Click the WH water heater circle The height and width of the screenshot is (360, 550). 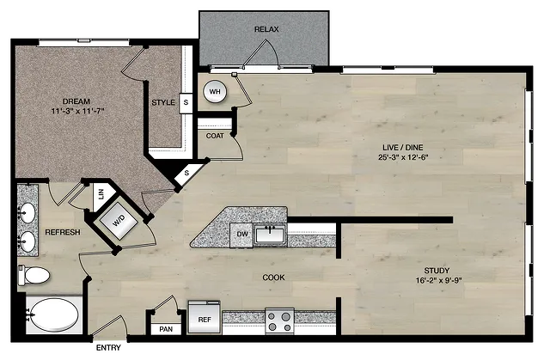(215, 91)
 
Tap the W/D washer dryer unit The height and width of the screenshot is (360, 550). (119, 221)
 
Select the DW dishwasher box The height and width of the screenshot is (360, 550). (241, 235)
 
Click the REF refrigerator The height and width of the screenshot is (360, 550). (205, 317)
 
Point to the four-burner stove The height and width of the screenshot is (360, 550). (279, 321)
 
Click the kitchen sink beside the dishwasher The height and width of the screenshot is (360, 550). (270, 235)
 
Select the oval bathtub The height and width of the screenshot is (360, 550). (54, 315)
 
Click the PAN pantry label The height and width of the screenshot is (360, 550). (166, 329)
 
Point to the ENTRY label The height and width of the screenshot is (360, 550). (108, 348)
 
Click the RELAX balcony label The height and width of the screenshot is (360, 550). (266, 29)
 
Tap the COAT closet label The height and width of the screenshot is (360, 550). (215, 136)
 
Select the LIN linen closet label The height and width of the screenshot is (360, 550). (101, 194)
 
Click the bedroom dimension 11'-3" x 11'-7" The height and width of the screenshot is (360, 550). (78, 112)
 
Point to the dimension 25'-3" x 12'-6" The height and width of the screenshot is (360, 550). (403, 157)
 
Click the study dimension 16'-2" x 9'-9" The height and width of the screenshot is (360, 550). (438, 280)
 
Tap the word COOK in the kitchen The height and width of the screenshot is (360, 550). (273, 278)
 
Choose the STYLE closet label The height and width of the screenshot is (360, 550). (163, 102)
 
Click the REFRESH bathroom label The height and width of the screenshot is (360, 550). (63, 232)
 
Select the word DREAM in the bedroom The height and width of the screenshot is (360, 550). (76, 101)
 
